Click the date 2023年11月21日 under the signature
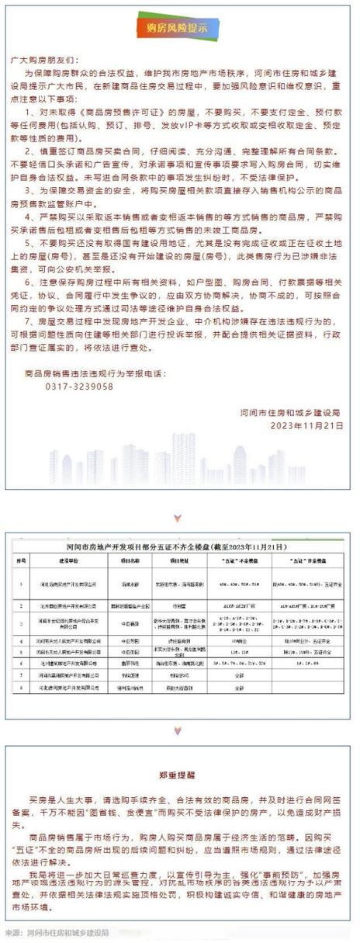click(x=305, y=425)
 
